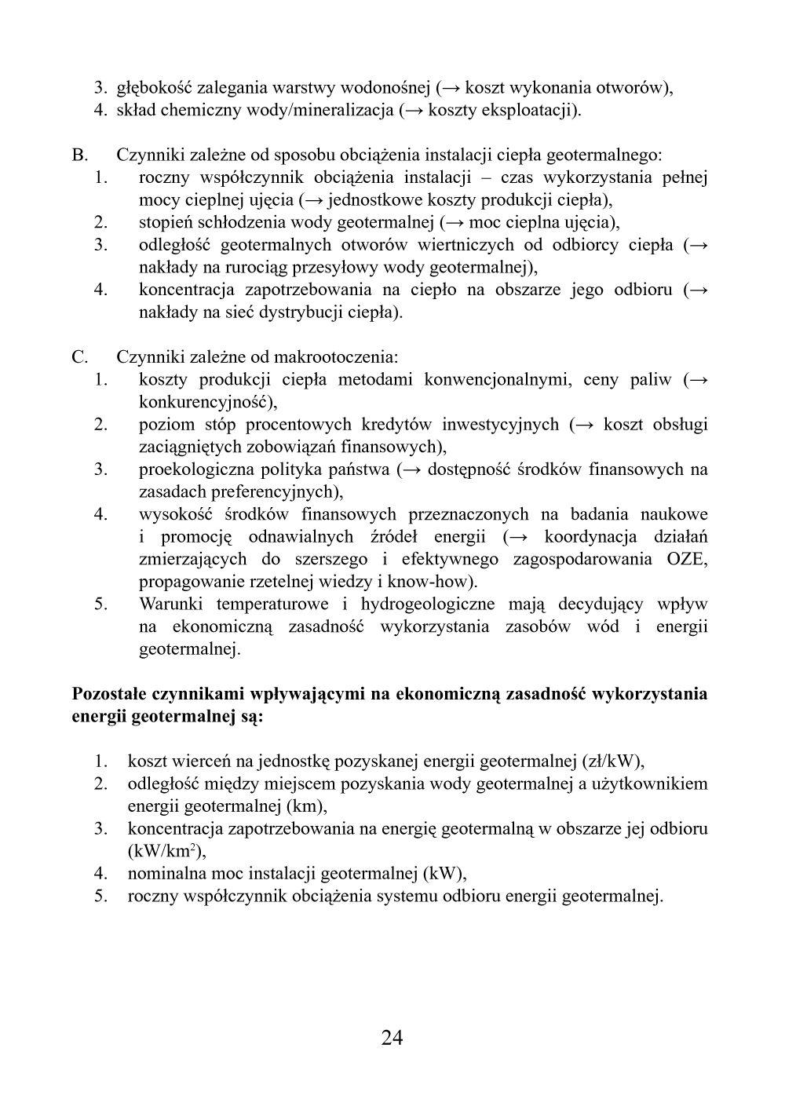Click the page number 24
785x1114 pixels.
pos(392,1038)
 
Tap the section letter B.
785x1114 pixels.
pos(79,155)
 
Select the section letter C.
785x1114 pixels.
pos(79,357)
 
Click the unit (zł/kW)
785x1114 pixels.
pos(612,761)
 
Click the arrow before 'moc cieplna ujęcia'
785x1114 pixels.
pos(454,222)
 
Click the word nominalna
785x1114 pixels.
pos(162,873)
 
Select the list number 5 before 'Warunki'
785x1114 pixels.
pos(100,604)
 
